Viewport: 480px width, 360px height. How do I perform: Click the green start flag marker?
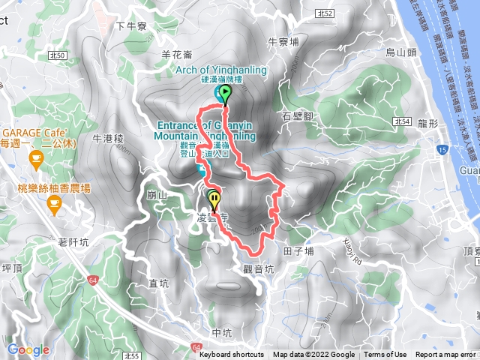click(x=225, y=94)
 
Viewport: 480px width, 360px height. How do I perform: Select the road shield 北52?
click(x=325, y=13)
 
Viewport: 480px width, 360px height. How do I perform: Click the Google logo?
click(x=28, y=349)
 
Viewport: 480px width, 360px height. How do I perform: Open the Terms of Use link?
click(x=385, y=355)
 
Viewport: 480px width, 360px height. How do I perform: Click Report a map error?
click(x=445, y=355)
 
